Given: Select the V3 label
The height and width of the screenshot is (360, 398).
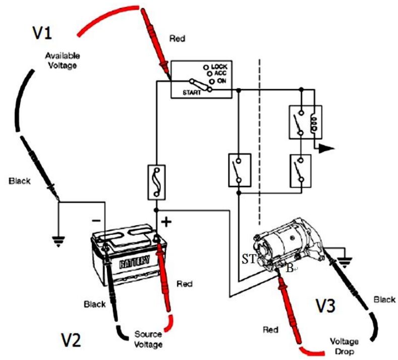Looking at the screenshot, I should click(325, 306).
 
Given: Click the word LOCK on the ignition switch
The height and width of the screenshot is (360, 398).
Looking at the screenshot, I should click(219, 67).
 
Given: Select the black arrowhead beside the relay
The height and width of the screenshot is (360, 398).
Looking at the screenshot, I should click(327, 148).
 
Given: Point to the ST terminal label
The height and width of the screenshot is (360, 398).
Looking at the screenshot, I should click(248, 260).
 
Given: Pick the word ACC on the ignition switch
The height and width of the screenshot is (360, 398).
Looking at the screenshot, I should click(220, 74).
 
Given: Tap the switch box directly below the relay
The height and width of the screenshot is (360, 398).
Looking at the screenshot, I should click(301, 171).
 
